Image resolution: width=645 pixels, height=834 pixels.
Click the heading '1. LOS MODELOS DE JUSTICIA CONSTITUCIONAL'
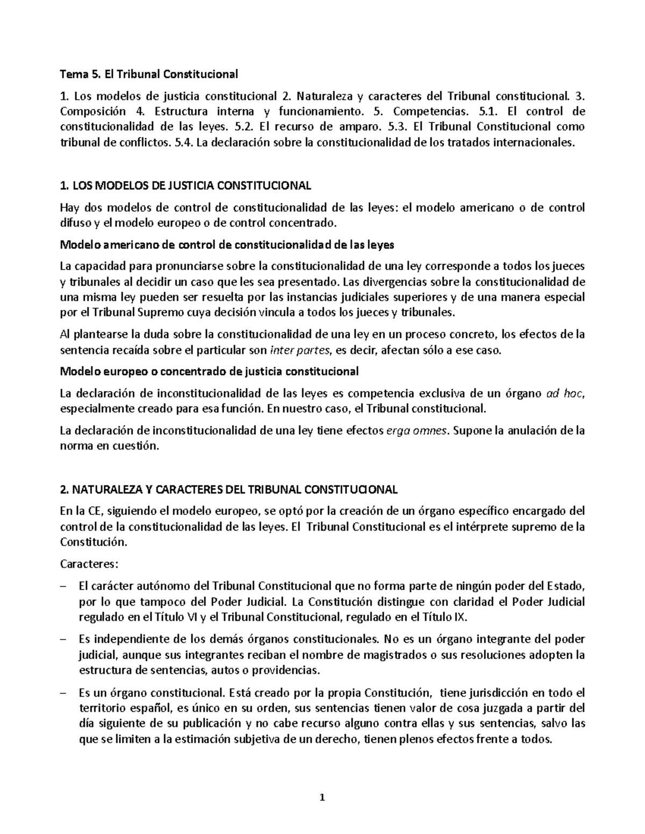click(x=185, y=186)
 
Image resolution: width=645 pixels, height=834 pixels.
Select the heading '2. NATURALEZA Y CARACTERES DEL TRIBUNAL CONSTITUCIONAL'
click(x=228, y=490)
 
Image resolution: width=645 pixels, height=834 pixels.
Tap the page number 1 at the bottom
click(x=322, y=797)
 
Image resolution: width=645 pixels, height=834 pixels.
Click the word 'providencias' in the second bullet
click(x=289, y=671)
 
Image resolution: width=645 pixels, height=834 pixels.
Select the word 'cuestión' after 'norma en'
click(x=139, y=446)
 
